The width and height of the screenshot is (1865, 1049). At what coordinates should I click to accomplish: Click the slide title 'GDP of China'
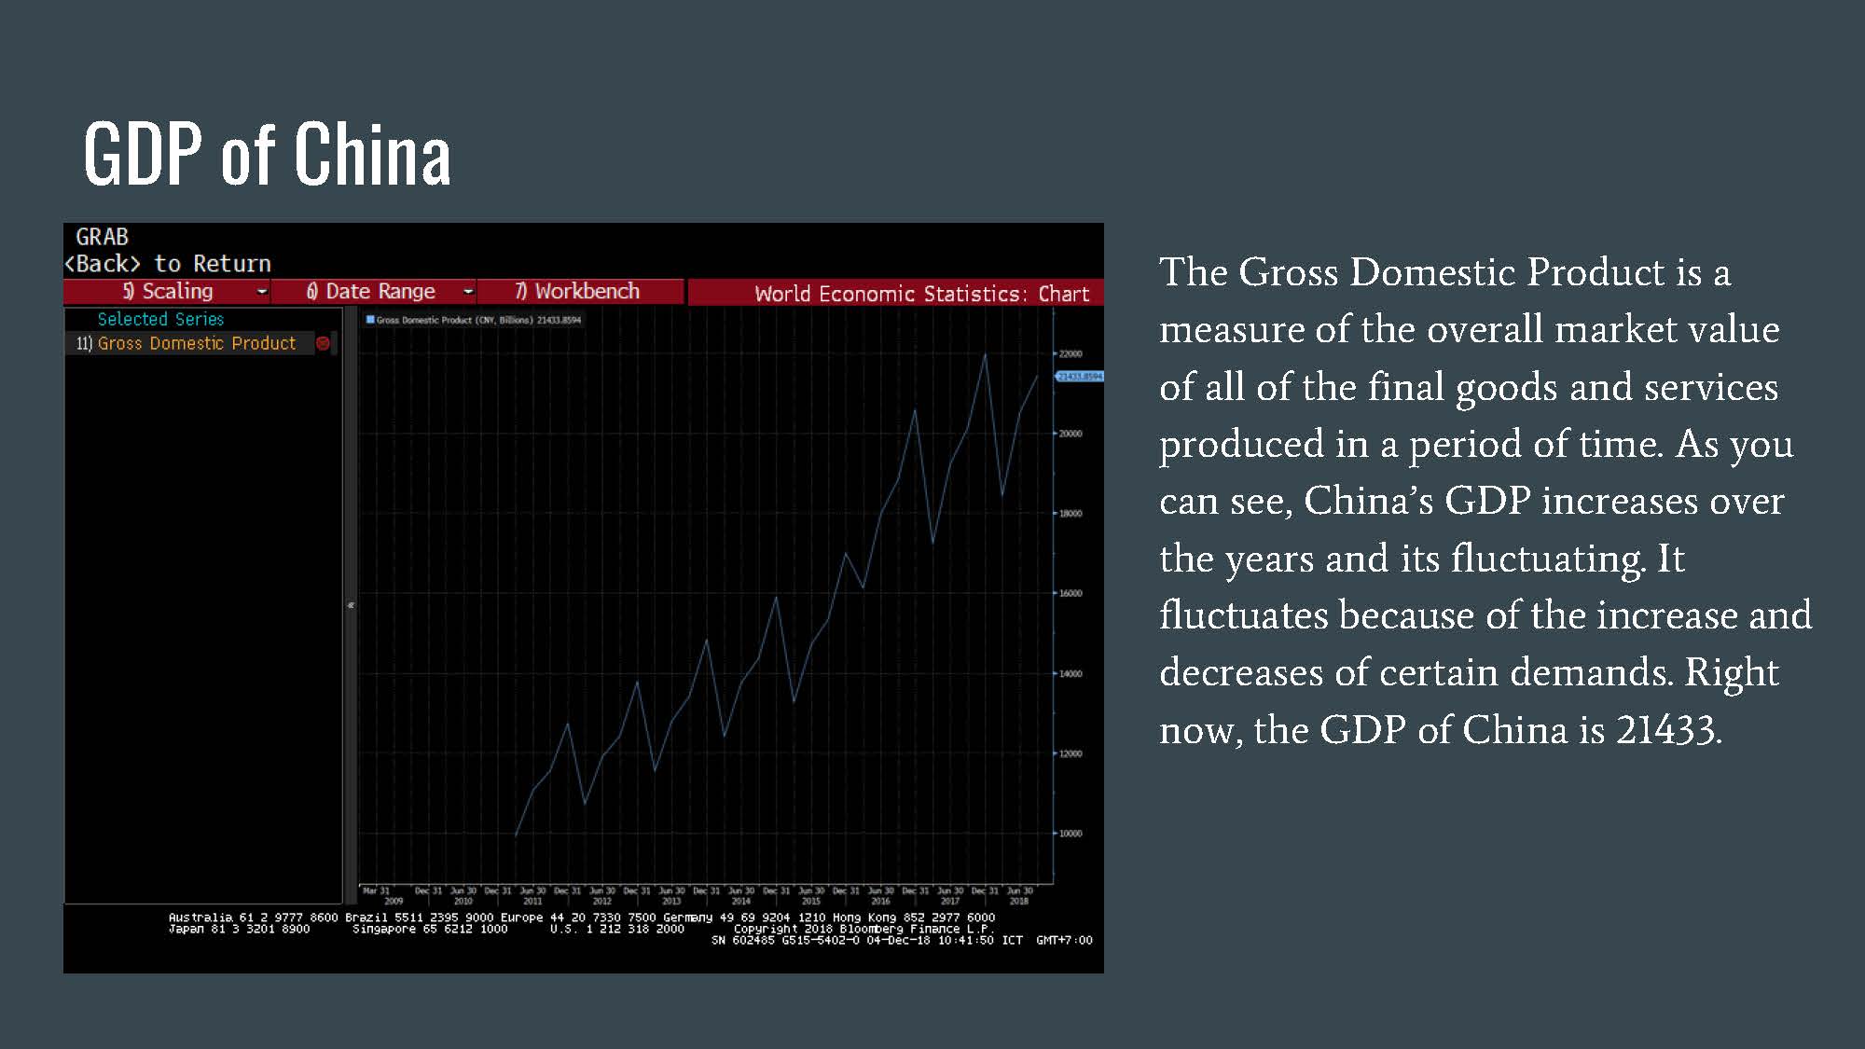click(267, 154)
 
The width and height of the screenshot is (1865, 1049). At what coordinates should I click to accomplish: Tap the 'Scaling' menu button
click(168, 292)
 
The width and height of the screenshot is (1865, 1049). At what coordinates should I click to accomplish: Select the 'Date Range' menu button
click(373, 292)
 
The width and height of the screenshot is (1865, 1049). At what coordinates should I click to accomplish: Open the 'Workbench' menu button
click(578, 292)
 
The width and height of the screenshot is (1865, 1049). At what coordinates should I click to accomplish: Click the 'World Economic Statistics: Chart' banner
click(921, 294)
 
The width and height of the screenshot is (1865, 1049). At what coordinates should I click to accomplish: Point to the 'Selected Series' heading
click(160, 319)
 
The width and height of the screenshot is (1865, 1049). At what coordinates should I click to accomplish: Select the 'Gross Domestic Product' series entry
click(197, 343)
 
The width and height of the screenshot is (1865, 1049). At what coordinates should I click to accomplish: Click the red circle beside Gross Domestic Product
click(323, 343)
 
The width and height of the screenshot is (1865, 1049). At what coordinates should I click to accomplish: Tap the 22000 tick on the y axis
click(1071, 354)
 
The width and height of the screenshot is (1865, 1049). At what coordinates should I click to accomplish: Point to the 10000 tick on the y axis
click(1071, 834)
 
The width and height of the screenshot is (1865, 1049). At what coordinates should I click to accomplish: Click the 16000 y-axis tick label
click(1071, 593)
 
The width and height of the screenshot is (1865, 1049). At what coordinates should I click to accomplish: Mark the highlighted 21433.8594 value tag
click(1079, 377)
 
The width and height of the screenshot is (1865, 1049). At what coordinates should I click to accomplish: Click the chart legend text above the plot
click(476, 320)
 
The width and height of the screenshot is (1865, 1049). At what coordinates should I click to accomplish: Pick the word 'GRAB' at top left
click(102, 237)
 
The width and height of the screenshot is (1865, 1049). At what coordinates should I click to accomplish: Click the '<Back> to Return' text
click(168, 264)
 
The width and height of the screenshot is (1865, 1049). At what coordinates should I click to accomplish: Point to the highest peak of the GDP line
click(985, 355)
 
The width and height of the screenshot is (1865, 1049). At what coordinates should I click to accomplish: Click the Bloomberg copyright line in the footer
click(863, 929)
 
